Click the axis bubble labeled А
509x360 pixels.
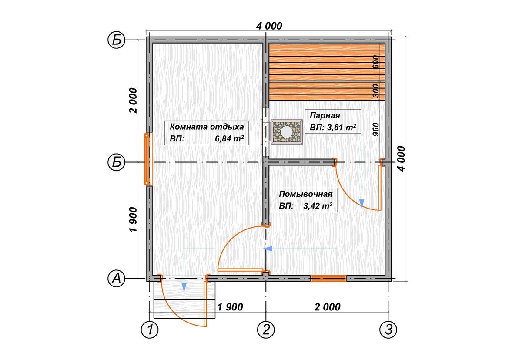point(116,279)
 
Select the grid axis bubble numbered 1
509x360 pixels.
point(150,330)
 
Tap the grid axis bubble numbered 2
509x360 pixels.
point(266,330)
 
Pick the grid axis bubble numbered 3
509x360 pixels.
point(388,330)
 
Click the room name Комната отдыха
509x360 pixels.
point(207,126)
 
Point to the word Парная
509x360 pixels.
point(325,115)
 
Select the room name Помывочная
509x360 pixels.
point(306,194)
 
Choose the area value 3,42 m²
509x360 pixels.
point(318,205)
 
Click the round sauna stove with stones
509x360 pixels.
point(287,131)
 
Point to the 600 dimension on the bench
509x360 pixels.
point(375,61)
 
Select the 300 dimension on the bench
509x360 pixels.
point(375,90)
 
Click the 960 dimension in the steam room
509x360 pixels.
point(375,129)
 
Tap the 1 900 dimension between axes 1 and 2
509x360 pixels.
point(230,306)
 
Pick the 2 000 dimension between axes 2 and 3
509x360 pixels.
point(328,306)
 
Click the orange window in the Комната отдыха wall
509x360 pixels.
point(147,159)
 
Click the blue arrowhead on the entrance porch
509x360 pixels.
point(184,287)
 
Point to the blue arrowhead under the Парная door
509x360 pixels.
point(362,203)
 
